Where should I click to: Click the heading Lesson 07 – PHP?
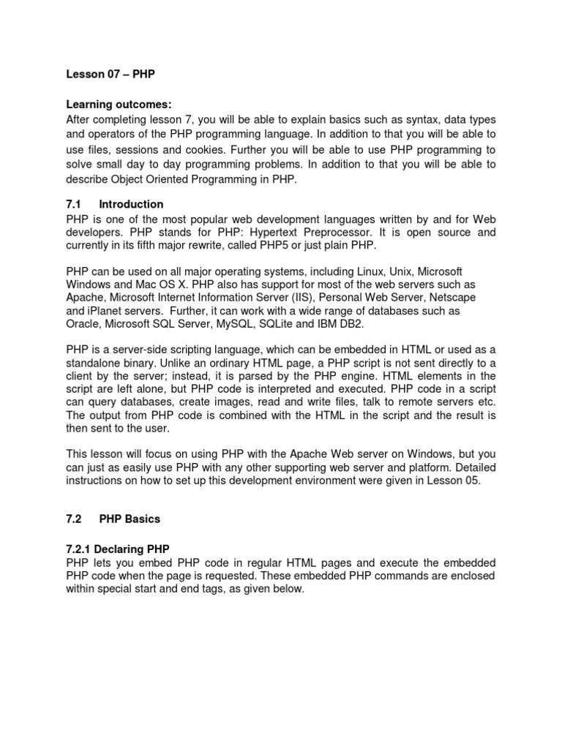click(107, 74)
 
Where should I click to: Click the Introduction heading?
click(131, 204)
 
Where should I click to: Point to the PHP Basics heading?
click(130, 519)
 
